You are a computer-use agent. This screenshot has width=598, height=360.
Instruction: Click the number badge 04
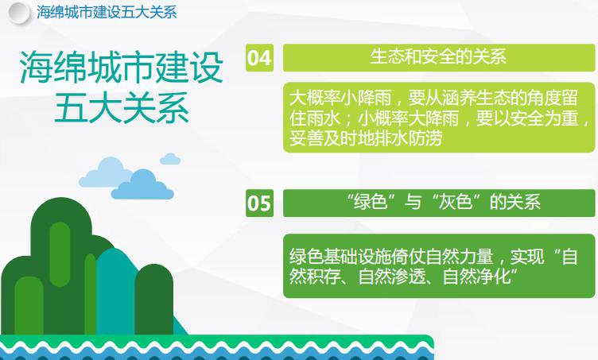(259, 58)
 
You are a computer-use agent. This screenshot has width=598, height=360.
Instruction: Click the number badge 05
(259, 203)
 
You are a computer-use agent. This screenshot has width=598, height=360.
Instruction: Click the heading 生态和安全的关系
(438, 56)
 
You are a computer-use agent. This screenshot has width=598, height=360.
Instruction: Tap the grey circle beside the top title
(19, 13)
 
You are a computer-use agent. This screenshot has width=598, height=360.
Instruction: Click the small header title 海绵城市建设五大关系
(107, 12)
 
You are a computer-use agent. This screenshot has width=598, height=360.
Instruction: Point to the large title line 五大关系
(122, 107)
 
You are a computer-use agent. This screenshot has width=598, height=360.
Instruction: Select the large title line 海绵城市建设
(122, 67)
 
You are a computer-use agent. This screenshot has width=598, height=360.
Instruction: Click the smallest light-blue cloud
(170, 159)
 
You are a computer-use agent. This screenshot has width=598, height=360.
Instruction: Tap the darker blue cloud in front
(142, 186)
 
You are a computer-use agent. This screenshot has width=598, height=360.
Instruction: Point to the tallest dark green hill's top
(61, 198)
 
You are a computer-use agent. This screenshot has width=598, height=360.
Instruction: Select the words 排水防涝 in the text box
(409, 138)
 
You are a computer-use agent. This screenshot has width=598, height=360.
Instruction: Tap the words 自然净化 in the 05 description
(476, 276)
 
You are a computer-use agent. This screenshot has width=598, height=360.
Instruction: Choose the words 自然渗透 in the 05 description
(392, 276)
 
